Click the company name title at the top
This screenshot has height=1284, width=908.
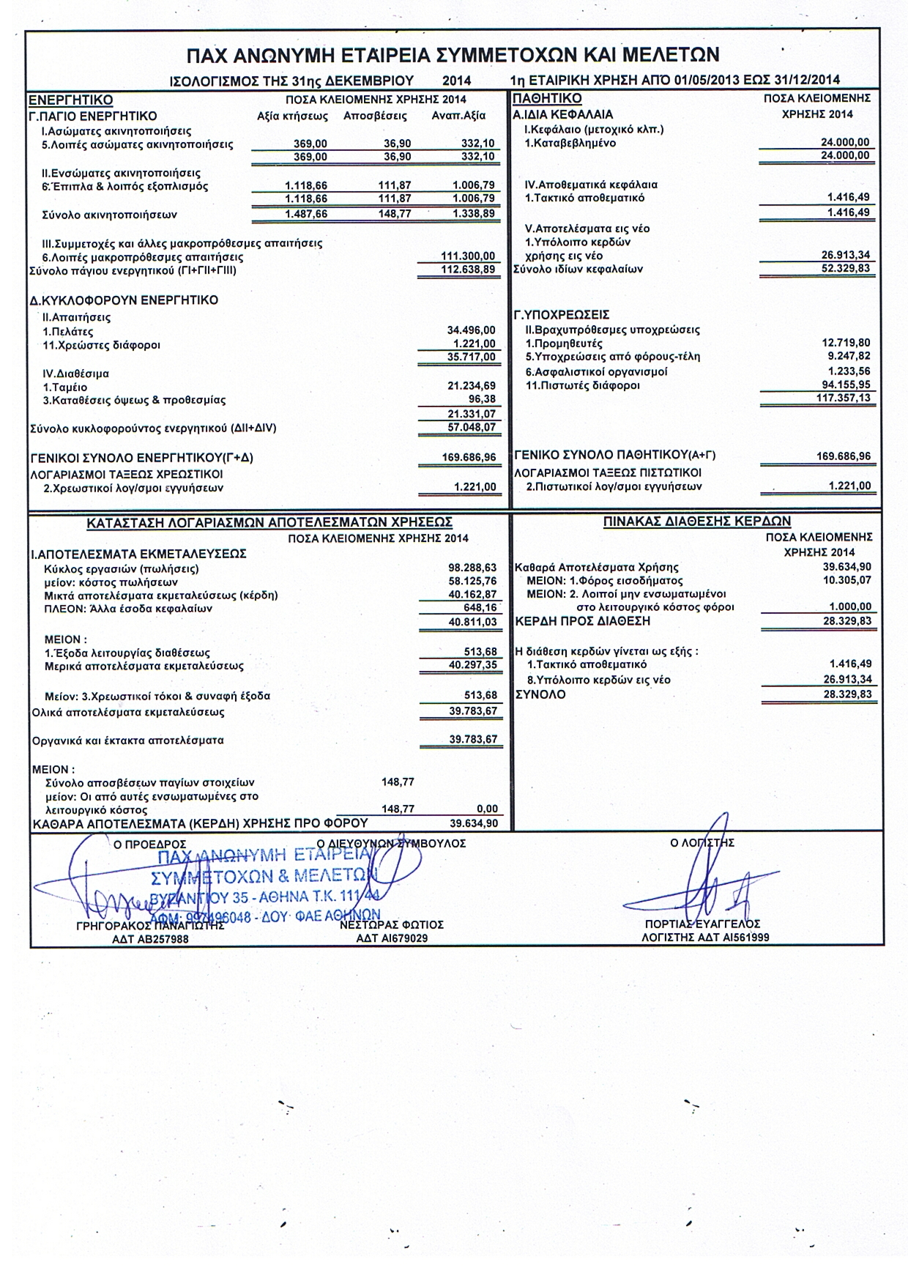(x=453, y=55)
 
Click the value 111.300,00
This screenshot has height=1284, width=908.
(x=469, y=256)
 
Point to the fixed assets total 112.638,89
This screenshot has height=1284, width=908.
(x=469, y=270)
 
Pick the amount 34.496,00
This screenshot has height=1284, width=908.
(x=472, y=330)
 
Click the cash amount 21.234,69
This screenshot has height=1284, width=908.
(x=472, y=386)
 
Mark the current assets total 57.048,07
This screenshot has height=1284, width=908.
(x=472, y=427)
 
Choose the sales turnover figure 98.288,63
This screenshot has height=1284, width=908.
(x=472, y=568)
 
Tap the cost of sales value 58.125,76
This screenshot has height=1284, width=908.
(x=472, y=581)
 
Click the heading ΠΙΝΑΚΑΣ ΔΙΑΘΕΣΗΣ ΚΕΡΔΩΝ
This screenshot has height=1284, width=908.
(x=697, y=522)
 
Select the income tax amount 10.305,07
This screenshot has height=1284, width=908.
(x=847, y=580)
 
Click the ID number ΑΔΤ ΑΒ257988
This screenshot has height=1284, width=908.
(x=150, y=938)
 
